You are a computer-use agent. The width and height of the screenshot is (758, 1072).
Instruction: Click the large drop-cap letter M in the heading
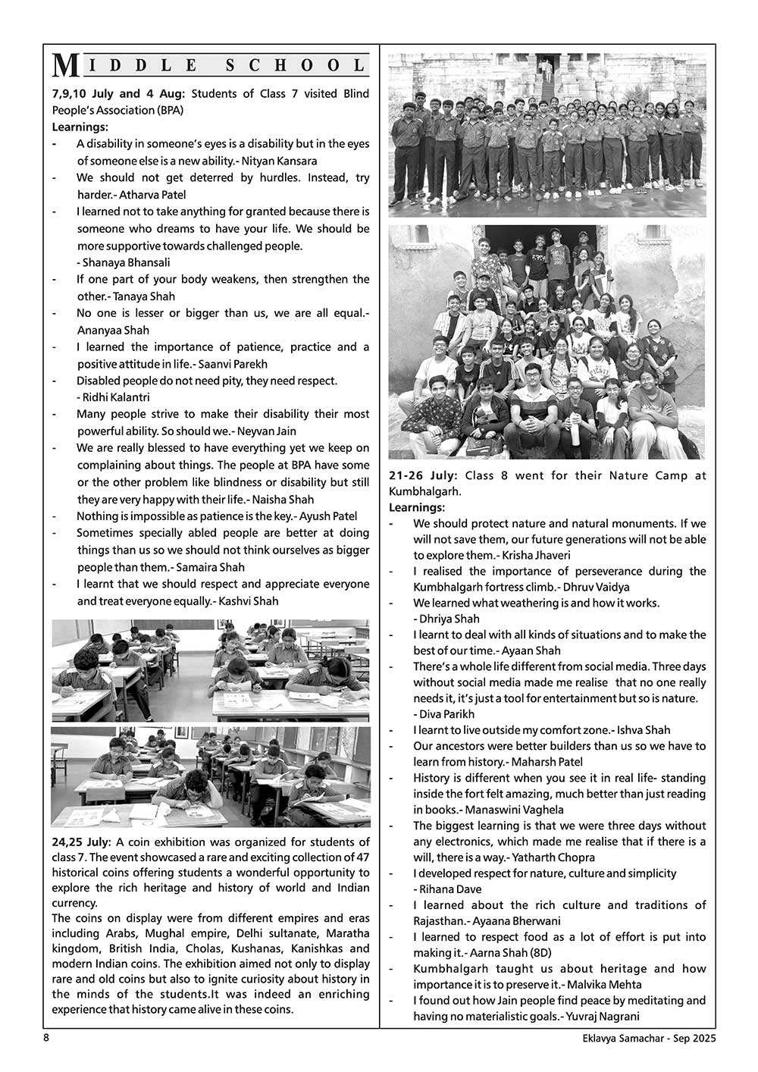pos(65,67)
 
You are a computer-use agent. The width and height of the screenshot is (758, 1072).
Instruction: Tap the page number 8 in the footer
pos(46,1038)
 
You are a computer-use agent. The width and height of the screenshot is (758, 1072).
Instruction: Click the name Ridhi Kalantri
pos(116,397)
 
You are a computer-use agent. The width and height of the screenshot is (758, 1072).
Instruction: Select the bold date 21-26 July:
pos(423,475)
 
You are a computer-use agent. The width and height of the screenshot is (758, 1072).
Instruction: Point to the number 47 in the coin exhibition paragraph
pos(362,857)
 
